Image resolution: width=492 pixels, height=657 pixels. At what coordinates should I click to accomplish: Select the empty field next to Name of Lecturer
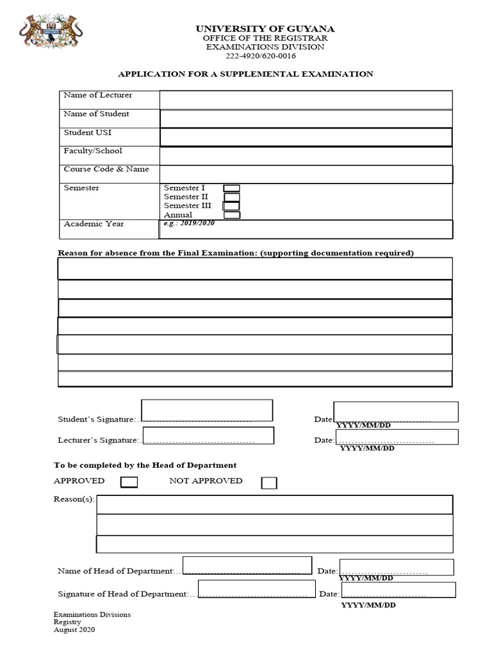pyautogui.click(x=306, y=100)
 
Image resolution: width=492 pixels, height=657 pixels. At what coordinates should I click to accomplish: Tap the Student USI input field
pyautogui.click(x=306, y=137)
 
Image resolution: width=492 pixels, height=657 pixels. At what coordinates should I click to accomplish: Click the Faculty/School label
pyautogui.click(x=93, y=151)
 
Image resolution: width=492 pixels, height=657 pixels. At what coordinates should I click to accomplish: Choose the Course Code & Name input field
pyautogui.click(x=306, y=175)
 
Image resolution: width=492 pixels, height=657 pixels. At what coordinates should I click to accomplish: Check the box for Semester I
pyautogui.click(x=231, y=188)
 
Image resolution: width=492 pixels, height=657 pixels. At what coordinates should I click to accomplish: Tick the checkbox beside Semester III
pyautogui.click(x=231, y=206)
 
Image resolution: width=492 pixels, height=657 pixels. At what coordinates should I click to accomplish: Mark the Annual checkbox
pyautogui.click(x=231, y=215)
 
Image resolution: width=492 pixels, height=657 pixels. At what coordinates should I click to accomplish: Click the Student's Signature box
pyautogui.click(x=207, y=411)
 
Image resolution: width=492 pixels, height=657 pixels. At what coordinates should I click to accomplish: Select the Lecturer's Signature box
pyautogui.click(x=209, y=436)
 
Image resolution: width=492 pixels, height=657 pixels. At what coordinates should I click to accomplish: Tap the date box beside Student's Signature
pyautogui.click(x=396, y=412)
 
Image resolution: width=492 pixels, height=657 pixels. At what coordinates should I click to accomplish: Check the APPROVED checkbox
pyautogui.click(x=129, y=482)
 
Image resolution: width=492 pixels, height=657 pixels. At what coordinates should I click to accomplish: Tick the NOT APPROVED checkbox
pyautogui.click(x=269, y=482)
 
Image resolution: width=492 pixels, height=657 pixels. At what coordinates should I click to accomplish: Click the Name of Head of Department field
pyautogui.click(x=247, y=565)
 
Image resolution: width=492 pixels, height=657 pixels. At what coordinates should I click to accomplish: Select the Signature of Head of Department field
pyautogui.click(x=256, y=589)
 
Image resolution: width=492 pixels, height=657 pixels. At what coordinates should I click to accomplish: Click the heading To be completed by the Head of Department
pyautogui.click(x=145, y=465)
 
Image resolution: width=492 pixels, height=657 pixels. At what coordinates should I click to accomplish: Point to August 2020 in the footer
pyautogui.click(x=74, y=630)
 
